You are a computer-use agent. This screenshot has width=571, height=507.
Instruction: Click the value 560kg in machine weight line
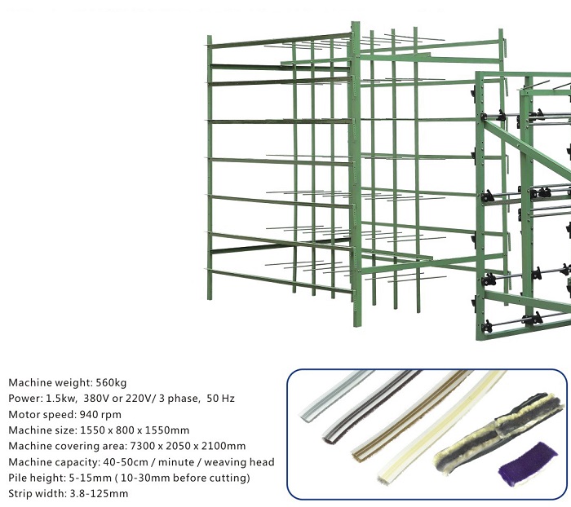pos(111,383)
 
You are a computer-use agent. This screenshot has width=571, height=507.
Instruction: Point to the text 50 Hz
pos(220,399)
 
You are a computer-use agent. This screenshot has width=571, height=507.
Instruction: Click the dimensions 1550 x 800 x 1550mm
pos(135,430)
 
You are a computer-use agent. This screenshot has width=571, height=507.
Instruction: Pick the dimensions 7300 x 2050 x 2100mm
pos(188,446)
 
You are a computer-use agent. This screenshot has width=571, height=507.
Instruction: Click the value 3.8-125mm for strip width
pos(99,493)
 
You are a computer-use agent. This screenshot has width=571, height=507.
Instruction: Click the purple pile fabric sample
pos(527,465)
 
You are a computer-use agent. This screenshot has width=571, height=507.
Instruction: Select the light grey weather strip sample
pos(335,396)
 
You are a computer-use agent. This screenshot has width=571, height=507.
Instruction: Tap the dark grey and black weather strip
pos(371,406)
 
